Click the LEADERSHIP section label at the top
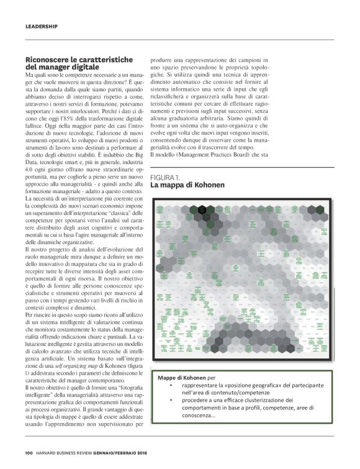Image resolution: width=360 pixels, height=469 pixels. tap(42, 27)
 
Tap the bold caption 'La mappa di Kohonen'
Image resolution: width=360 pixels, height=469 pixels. tap(187, 185)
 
